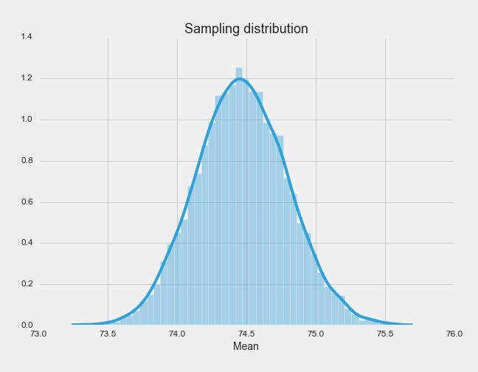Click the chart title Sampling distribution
point(246,29)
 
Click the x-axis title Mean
point(246,346)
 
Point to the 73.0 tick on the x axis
point(38,334)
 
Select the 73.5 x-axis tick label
point(108,334)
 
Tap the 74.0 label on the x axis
point(177,334)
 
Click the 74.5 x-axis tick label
point(246,334)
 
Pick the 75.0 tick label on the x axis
point(316,334)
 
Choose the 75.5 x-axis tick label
point(385,334)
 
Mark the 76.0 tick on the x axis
point(454,334)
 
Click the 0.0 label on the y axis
point(26,325)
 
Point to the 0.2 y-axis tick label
point(26,284)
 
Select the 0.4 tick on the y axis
point(26,243)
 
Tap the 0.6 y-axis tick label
point(26,201)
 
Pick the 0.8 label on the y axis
point(26,160)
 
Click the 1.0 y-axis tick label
point(26,119)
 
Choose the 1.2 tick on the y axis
point(26,77)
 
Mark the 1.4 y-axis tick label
point(26,36)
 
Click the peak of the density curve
point(240,78)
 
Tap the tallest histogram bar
point(239,199)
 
